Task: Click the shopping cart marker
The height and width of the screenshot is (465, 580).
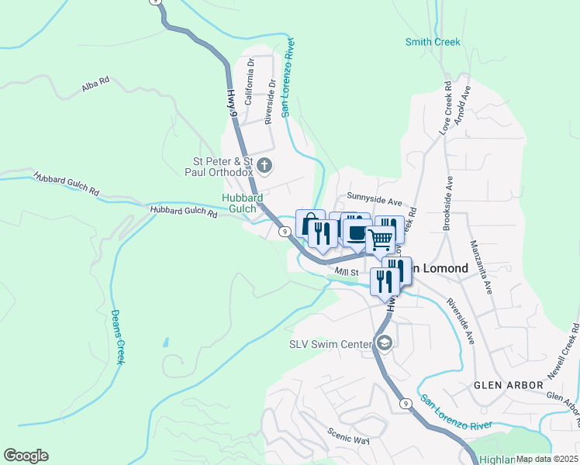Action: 380,239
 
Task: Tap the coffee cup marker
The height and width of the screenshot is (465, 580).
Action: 357,232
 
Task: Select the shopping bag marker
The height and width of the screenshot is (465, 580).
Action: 309,223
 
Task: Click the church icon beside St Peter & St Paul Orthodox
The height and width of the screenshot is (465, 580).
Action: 265,164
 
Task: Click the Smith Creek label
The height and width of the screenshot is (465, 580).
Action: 433,43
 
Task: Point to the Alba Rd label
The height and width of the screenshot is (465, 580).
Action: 95,85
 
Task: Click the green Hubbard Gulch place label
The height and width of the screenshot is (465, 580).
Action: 243,203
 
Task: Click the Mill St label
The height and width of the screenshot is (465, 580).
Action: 346,272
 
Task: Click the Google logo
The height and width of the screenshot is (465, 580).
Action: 26,456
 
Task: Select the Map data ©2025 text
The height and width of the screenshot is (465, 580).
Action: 547,459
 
